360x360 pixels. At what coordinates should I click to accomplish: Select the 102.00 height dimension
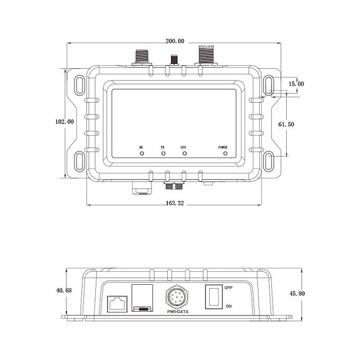click(64, 121)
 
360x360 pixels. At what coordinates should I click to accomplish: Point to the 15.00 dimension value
click(296, 83)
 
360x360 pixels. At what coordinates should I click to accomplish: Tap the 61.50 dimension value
click(286, 125)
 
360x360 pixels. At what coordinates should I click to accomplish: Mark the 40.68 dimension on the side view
click(64, 291)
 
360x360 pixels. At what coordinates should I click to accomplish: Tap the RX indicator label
click(142, 147)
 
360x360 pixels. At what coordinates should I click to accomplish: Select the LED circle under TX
click(163, 153)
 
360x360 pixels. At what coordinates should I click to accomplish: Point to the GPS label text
click(183, 147)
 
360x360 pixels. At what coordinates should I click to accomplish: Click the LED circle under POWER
click(224, 153)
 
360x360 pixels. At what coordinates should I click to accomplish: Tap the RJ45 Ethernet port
click(117, 301)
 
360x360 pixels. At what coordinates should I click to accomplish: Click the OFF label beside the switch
click(229, 287)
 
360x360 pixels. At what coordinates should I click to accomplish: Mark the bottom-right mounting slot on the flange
click(268, 160)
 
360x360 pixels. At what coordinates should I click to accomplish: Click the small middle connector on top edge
click(174, 61)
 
